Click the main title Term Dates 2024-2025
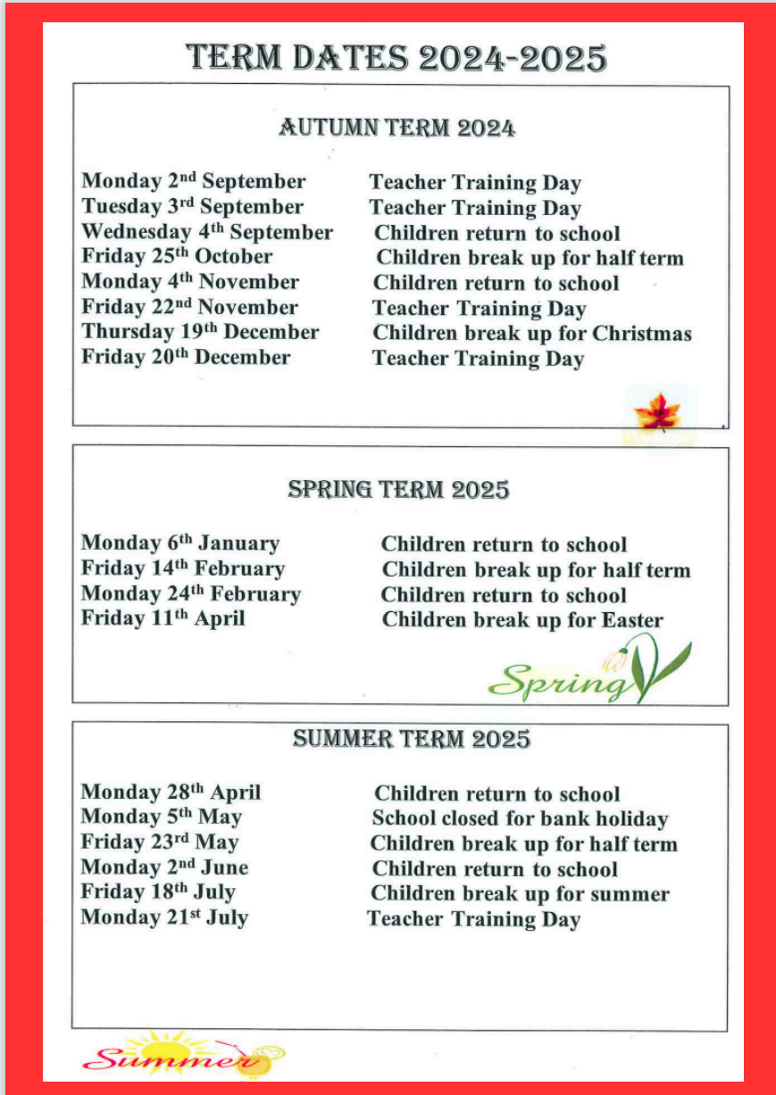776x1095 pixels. [396, 59]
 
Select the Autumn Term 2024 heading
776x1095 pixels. [396, 128]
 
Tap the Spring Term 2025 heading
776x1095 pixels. [398, 490]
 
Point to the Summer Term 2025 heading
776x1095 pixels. [411, 739]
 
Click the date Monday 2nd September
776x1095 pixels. [194, 182]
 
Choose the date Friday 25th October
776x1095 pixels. [177, 257]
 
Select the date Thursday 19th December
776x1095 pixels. [200, 332]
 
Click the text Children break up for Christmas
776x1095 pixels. [531, 334]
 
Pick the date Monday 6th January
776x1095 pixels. [180, 543]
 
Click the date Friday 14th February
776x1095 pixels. [182, 568]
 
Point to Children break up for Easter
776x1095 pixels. [522, 620]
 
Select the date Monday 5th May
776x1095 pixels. [161, 817]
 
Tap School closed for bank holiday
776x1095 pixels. [520, 819]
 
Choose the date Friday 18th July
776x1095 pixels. [158, 892]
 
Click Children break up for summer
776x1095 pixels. [520, 894]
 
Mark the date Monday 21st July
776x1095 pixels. [164, 917]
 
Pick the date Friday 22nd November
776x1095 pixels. [189, 307]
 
